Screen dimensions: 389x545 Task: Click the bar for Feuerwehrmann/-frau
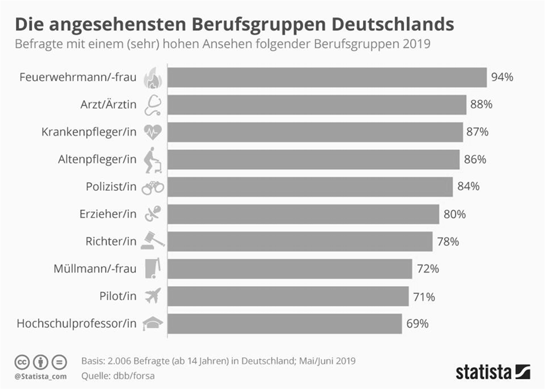327,77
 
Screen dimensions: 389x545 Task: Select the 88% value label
480,105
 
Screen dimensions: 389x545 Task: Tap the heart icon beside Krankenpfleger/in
153,132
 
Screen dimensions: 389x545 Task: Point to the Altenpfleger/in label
97,160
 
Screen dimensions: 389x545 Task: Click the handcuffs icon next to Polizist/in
153,187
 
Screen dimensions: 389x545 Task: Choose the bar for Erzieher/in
304,214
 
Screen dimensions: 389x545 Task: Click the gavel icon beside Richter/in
153,241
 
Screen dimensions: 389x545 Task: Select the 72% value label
428,269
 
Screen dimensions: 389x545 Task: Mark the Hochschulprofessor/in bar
285,324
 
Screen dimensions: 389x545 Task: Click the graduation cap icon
153,324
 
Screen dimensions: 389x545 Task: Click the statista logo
493,372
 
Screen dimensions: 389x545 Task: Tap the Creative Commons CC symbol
22,362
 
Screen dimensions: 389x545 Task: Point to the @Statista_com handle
40,376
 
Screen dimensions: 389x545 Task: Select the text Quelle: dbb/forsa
118,376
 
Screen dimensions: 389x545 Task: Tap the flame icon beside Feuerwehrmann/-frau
153,77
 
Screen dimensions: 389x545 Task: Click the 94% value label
502,77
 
